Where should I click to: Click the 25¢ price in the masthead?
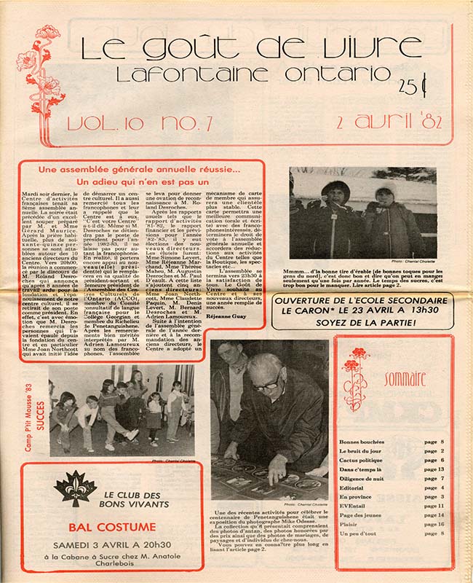(413, 85)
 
